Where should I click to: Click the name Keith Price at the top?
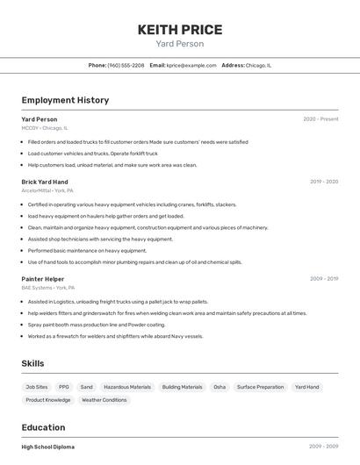[x=180, y=30]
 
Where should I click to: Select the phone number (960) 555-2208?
[x=126, y=65]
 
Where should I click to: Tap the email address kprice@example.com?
[x=191, y=65]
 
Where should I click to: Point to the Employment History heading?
[x=65, y=100]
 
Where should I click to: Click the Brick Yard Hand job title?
[x=44, y=182]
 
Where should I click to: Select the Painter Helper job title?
[x=43, y=279]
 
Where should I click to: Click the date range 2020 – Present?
[x=320, y=119]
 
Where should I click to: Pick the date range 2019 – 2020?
[x=324, y=182]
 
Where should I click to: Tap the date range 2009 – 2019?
[x=324, y=279]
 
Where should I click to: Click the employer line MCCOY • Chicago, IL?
[x=44, y=128]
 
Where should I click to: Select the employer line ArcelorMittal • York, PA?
[x=47, y=190]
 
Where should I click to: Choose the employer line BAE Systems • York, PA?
[x=48, y=288]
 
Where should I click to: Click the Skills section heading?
[x=32, y=363]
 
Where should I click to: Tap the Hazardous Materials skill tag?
[x=127, y=387]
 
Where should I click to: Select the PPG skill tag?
[x=64, y=387]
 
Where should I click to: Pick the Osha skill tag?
[x=220, y=387]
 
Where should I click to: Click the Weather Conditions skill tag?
[x=104, y=400]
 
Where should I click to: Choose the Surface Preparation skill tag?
[x=260, y=387]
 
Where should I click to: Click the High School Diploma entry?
[x=48, y=447]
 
